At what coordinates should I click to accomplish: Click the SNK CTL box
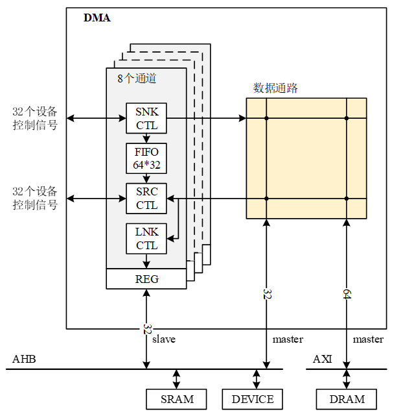(x=146, y=118)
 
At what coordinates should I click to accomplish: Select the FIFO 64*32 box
(x=146, y=158)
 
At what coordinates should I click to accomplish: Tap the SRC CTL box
(x=146, y=199)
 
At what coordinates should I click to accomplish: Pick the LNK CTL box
(x=146, y=238)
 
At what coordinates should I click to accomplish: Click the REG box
(x=146, y=279)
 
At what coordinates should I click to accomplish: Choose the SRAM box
(x=177, y=398)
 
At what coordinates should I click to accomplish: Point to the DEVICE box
(x=253, y=398)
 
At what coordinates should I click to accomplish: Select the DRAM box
(x=348, y=398)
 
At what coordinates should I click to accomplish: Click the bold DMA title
(x=97, y=18)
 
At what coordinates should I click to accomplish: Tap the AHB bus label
(x=23, y=360)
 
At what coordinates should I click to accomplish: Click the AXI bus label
(x=322, y=360)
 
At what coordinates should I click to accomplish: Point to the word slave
(x=164, y=339)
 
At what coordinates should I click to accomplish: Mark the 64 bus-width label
(x=347, y=294)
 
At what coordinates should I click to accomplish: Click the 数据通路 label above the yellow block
(x=275, y=88)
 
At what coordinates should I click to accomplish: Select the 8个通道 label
(x=137, y=79)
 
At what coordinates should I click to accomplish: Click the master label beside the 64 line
(x=368, y=339)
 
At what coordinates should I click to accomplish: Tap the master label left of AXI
(x=288, y=339)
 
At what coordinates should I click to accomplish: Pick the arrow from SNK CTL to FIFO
(x=146, y=138)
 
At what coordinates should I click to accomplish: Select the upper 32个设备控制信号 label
(x=35, y=118)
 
